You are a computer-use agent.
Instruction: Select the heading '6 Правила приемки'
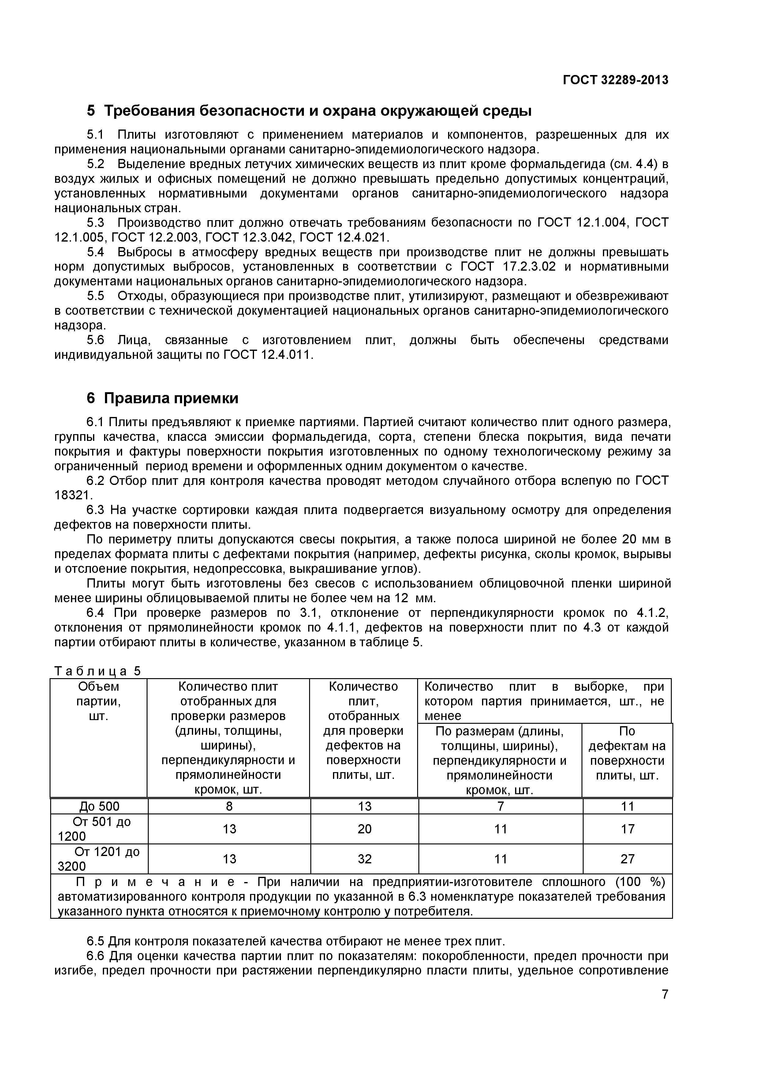click(x=162, y=398)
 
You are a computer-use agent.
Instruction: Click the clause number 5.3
click(x=95, y=223)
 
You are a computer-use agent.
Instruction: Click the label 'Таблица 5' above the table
click(x=97, y=671)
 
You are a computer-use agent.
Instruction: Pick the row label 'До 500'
click(x=99, y=806)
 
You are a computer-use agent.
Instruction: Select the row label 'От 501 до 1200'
click(x=99, y=829)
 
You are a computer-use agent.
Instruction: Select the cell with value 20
click(x=364, y=829)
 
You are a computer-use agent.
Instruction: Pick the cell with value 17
click(x=627, y=829)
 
